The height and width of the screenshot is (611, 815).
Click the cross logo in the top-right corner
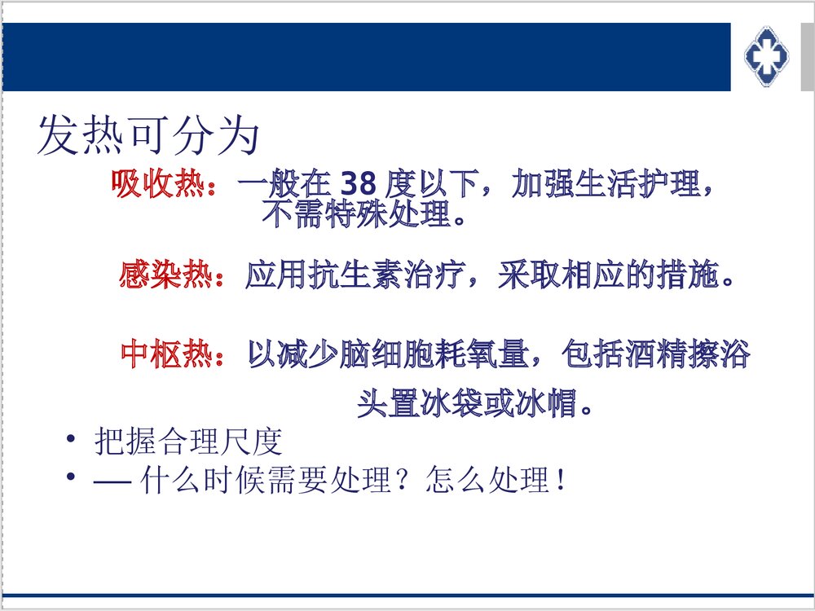coord(767,55)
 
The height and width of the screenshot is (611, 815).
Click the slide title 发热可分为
coord(148,135)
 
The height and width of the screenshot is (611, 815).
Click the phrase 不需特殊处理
coord(356,215)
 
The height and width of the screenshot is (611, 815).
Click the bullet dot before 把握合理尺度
coord(72,441)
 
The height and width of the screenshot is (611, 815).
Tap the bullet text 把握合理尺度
coord(188,442)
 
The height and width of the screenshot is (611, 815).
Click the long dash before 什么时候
coord(112,481)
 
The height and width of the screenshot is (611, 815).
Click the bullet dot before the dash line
coord(72,477)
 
